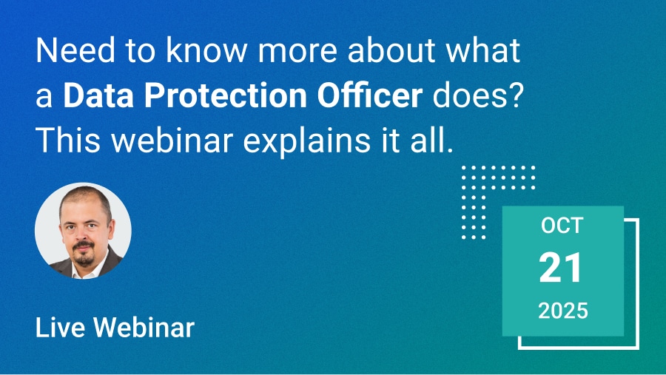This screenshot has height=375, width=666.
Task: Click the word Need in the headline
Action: click(75, 50)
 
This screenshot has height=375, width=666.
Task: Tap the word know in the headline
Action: click(206, 50)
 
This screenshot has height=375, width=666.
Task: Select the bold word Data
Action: click(98, 95)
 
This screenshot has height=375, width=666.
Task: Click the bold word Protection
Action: click(225, 95)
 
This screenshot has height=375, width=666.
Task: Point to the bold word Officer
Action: click(369, 95)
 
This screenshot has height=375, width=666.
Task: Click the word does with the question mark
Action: click(477, 95)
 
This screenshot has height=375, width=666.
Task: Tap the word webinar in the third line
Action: click(172, 140)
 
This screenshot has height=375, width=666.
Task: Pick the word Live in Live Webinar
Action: click(60, 328)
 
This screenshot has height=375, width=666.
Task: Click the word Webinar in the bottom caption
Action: click(144, 328)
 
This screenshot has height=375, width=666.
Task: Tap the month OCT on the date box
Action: click(562, 226)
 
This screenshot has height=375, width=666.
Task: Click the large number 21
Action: click(561, 268)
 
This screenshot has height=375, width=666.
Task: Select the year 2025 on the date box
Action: click(563, 311)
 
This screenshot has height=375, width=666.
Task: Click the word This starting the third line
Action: click(68, 140)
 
